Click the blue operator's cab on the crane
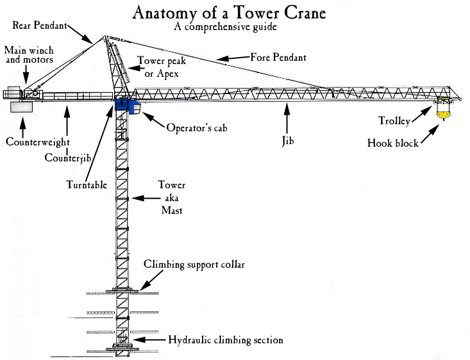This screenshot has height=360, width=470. (132, 106)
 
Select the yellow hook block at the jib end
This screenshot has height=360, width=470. (442, 115)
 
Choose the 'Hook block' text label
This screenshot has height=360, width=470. (393, 143)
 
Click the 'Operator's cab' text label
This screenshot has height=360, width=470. (197, 127)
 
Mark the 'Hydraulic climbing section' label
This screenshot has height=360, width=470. (225, 340)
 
